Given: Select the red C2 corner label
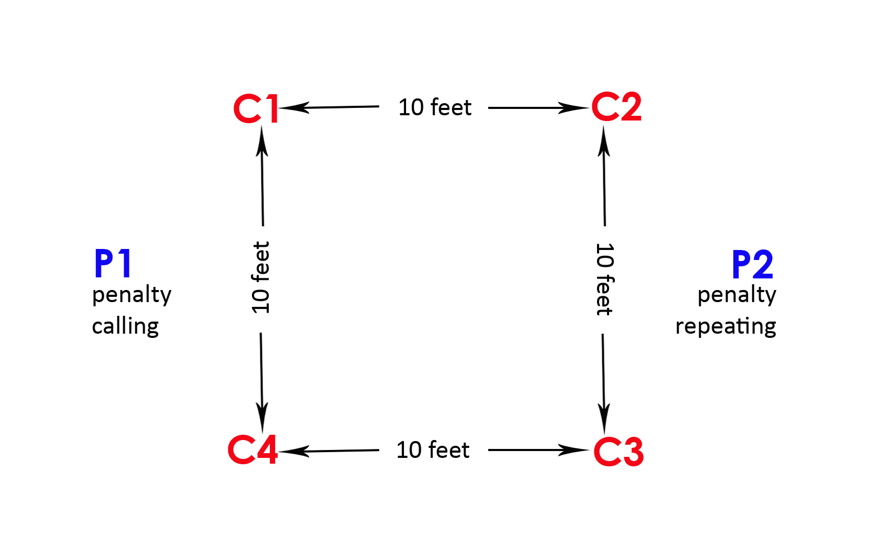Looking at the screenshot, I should coord(616,107).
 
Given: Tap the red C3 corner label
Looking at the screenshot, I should coord(619,452).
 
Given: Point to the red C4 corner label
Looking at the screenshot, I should coord(252,450).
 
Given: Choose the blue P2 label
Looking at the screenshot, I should coord(753,265).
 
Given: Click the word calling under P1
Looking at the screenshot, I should coord(125,326).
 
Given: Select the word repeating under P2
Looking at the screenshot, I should coord(725,326).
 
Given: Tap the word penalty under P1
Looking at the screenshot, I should coord(131,295).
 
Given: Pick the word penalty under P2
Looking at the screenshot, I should coord(736,295).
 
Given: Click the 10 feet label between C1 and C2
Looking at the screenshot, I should coord(434,107).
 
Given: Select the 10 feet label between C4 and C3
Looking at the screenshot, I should coord(433,450).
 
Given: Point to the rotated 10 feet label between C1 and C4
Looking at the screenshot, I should coord(261,277).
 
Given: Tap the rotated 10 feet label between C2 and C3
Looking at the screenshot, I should coord(604,279).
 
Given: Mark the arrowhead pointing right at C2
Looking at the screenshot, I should coord(573,108).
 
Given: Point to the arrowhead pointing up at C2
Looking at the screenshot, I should coord(604,142).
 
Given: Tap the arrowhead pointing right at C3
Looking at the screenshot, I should coord(573,450).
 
